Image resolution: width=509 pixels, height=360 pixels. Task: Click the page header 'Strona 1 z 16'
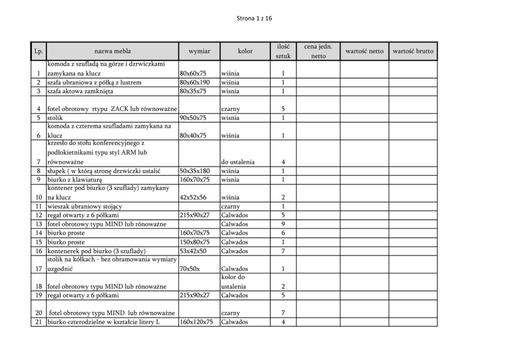(254, 18)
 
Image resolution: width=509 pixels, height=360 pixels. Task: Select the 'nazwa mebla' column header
(112, 51)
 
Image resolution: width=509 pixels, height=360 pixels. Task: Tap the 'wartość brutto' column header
(413, 51)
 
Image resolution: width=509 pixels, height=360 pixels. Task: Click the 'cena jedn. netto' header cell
(318, 51)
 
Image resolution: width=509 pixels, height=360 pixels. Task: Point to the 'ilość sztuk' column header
(283, 51)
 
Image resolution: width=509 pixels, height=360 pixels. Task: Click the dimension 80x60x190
(195, 83)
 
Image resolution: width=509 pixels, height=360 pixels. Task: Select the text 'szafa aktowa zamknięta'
(80, 91)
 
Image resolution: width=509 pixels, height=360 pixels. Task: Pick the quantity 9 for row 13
(283, 224)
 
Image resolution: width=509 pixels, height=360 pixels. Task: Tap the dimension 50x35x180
(195, 171)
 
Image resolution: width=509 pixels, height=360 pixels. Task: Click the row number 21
(38, 323)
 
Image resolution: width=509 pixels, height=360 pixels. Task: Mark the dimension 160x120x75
(197, 323)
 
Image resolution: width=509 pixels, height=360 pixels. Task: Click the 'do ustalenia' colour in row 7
(238, 162)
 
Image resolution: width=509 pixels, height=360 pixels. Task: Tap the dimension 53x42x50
(193, 251)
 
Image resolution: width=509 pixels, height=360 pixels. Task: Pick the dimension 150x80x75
(195, 242)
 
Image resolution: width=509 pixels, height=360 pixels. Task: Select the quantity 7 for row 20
(283, 313)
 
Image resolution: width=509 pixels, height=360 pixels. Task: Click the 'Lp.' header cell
(38, 51)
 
